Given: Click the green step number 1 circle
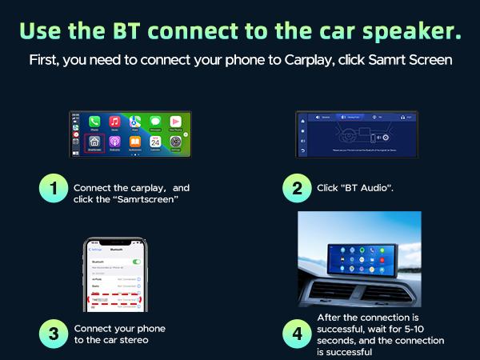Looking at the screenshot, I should (x=53, y=190).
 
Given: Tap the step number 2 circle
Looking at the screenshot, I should (x=297, y=190).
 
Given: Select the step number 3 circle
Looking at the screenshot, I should (x=53, y=334).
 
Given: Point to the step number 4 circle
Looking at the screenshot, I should (x=297, y=334).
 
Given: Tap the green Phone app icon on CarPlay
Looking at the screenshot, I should (x=94, y=122).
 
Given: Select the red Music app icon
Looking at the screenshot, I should (x=114, y=122).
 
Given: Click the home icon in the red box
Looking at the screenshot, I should (x=94, y=141).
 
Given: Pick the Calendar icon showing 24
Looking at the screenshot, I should (x=155, y=142).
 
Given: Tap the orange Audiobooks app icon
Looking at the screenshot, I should (x=135, y=142).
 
